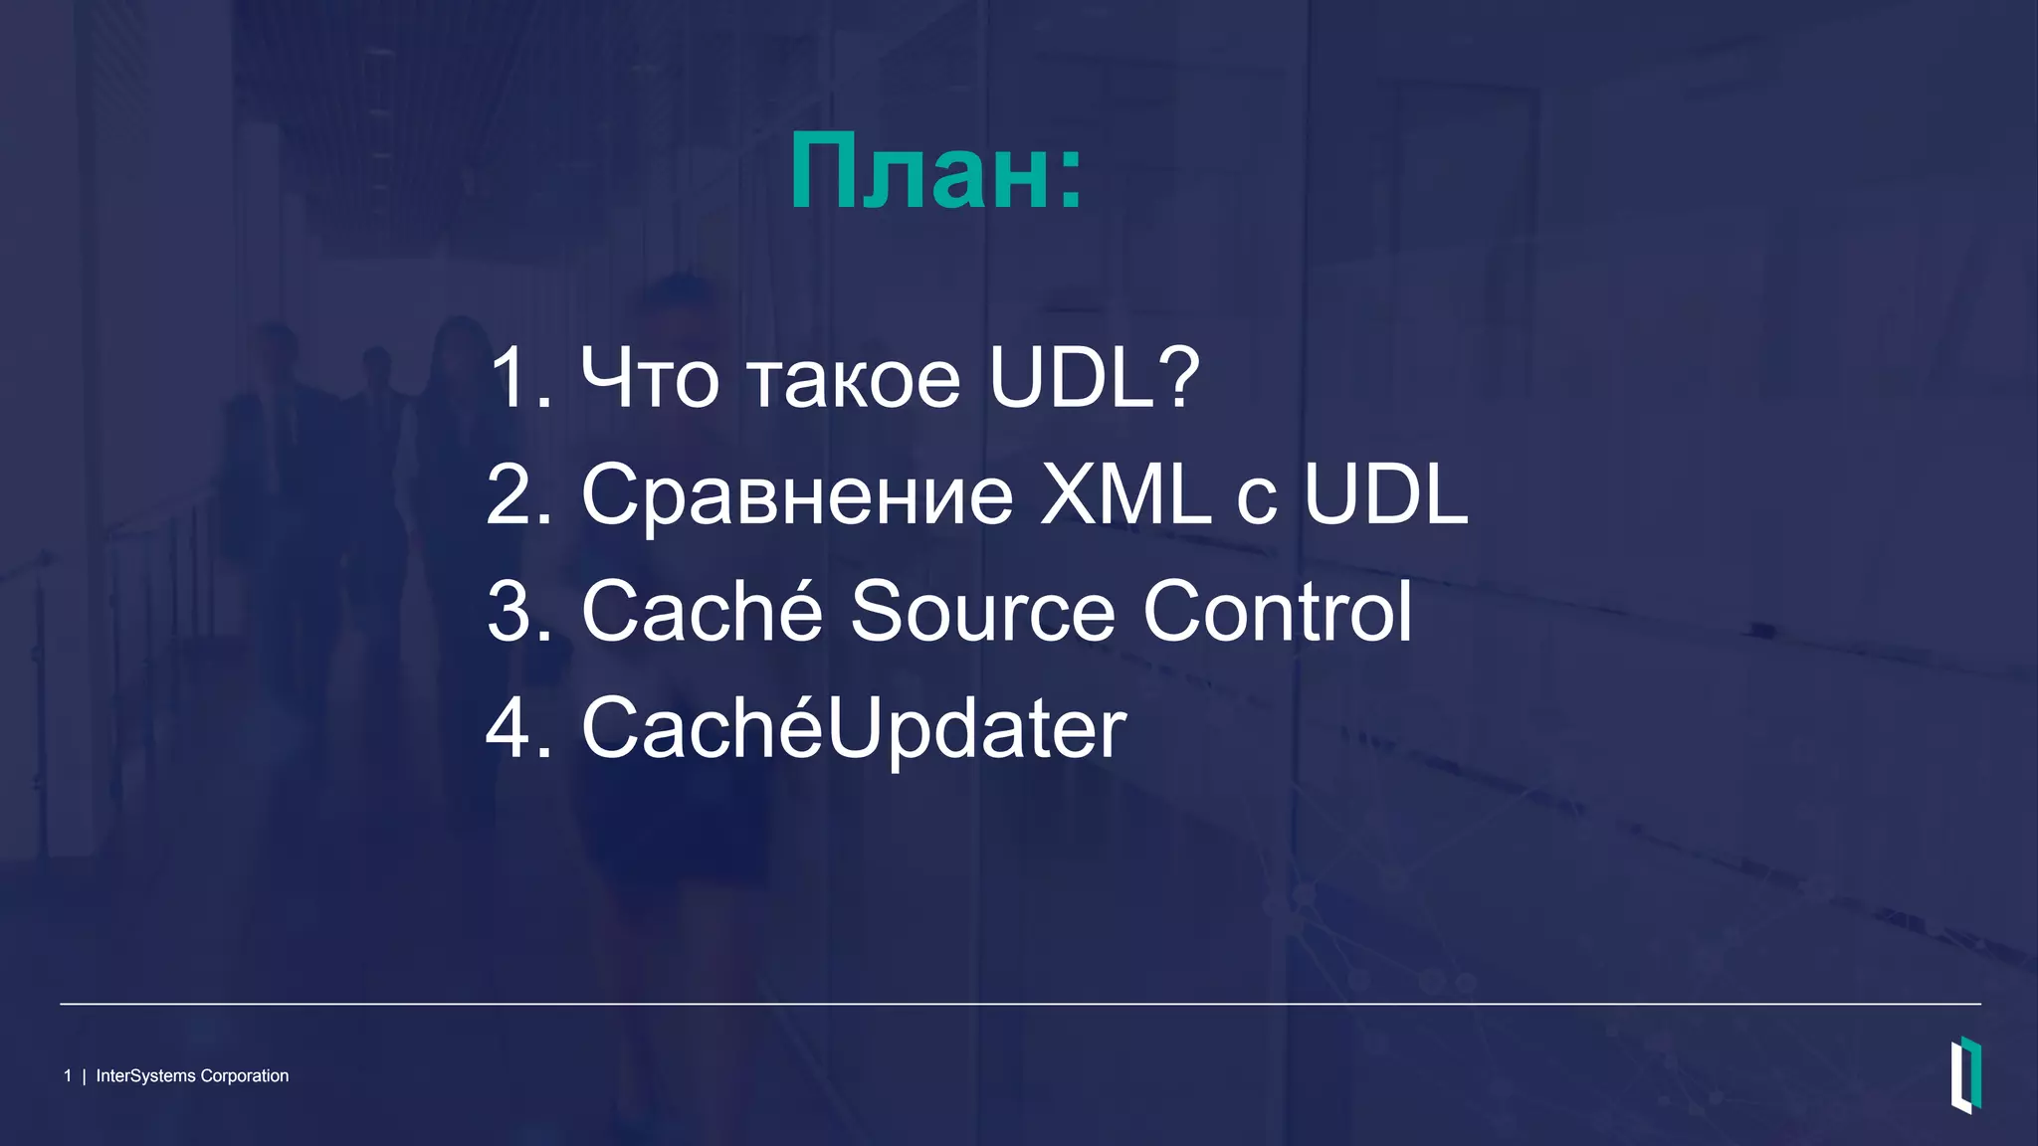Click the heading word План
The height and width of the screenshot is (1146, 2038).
(x=920, y=173)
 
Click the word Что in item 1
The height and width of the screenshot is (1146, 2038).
(x=650, y=379)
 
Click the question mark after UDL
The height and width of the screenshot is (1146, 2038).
(x=1180, y=379)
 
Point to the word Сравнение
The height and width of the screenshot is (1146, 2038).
(x=797, y=495)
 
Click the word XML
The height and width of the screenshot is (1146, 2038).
(x=1124, y=495)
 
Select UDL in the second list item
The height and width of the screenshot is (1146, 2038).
(x=1385, y=495)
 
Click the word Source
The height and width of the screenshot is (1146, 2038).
(x=982, y=612)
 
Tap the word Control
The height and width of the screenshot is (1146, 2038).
(x=1278, y=612)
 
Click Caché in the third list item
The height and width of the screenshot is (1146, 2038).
(x=702, y=612)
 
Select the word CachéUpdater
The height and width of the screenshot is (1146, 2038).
(x=854, y=728)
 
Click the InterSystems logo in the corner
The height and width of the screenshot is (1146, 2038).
(x=1965, y=1075)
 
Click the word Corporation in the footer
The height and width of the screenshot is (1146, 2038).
(x=245, y=1076)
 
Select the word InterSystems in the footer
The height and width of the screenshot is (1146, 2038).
(x=145, y=1076)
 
